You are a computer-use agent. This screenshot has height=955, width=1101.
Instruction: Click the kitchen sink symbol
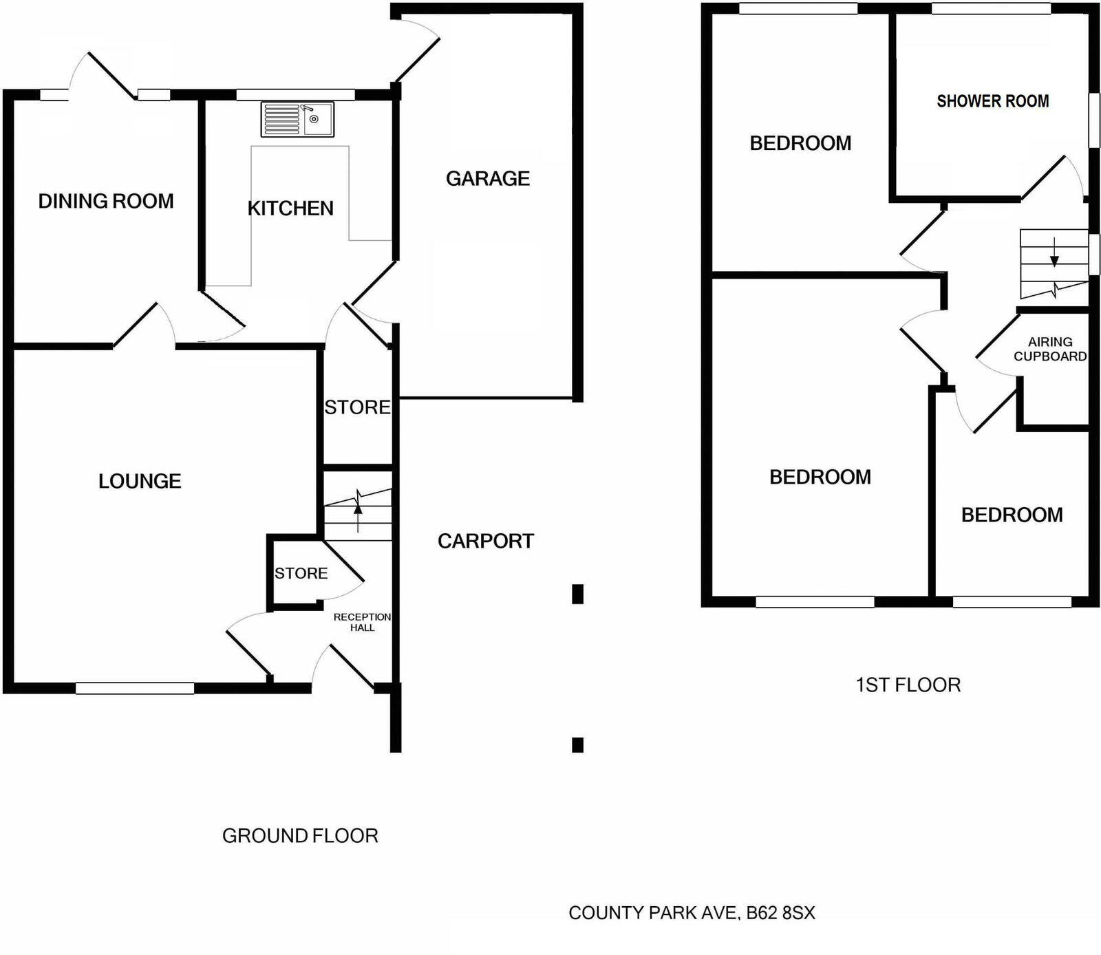297,119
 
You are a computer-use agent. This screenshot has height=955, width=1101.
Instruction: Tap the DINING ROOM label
106,201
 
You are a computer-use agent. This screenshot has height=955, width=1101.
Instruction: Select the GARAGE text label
488,179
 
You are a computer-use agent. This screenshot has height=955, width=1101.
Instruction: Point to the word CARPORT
486,541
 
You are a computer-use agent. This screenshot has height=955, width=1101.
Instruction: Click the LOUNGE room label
140,481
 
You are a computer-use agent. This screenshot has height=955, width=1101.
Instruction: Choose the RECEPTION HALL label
362,622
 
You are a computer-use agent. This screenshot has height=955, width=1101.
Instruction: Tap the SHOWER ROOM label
992,101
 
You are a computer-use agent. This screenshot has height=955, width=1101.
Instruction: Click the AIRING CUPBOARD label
1050,349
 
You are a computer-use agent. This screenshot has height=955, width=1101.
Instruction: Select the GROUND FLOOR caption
300,836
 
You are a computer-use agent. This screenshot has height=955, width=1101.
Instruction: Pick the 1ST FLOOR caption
908,685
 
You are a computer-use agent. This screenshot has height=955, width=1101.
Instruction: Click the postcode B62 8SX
780,913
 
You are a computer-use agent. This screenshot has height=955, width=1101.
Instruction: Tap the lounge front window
135,687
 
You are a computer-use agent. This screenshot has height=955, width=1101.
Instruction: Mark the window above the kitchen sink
295,95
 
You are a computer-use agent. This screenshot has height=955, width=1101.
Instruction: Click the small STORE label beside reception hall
301,573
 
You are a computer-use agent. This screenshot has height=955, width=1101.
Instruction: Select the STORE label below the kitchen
357,407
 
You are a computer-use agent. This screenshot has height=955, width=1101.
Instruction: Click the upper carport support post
578,594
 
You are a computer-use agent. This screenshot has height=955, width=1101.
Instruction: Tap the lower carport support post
578,744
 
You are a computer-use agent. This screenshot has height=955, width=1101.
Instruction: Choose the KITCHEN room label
290,208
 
